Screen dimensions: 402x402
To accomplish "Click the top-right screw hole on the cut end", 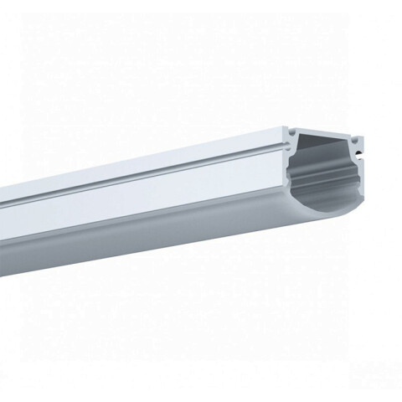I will (x=358, y=133).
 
